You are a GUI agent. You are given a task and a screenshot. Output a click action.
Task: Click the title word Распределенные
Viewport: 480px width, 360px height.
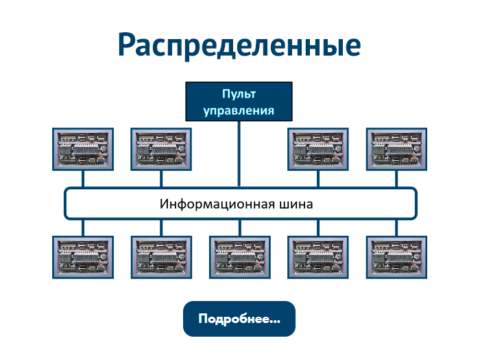click(239, 44)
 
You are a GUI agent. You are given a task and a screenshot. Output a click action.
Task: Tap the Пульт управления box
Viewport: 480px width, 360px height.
click(239, 101)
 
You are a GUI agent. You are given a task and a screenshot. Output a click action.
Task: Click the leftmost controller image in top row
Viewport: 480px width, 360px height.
click(82, 149)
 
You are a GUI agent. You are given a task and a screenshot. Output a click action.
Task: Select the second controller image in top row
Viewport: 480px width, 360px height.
click(160, 149)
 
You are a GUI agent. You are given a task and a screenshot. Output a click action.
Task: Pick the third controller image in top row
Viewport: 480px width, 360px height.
click(317, 149)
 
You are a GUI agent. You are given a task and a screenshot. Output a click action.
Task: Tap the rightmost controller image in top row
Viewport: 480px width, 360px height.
click(396, 149)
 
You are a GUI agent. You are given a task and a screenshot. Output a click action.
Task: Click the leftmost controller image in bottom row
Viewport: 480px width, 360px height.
click(82, 257)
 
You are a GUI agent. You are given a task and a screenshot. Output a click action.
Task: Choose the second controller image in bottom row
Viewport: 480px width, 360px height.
click(160, 257)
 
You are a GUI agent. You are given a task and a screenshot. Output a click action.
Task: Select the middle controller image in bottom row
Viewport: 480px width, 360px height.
click(239, 257)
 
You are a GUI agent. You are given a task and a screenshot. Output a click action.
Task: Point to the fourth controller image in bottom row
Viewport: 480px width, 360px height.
click(317, 257)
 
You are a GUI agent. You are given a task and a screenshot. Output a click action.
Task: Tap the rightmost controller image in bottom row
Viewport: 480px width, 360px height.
click(396, 257)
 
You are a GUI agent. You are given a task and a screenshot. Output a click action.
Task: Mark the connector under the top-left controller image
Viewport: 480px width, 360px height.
click(82, 178)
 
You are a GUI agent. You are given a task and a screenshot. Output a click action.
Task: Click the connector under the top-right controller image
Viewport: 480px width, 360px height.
click(396, 178)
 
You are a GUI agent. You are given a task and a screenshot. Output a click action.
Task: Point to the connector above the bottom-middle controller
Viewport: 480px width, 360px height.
click(239, 228)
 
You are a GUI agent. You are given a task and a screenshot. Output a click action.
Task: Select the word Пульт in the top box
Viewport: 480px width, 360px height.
click(239, 94)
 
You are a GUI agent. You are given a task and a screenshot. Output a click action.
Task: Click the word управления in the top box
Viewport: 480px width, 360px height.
click(239, 110)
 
